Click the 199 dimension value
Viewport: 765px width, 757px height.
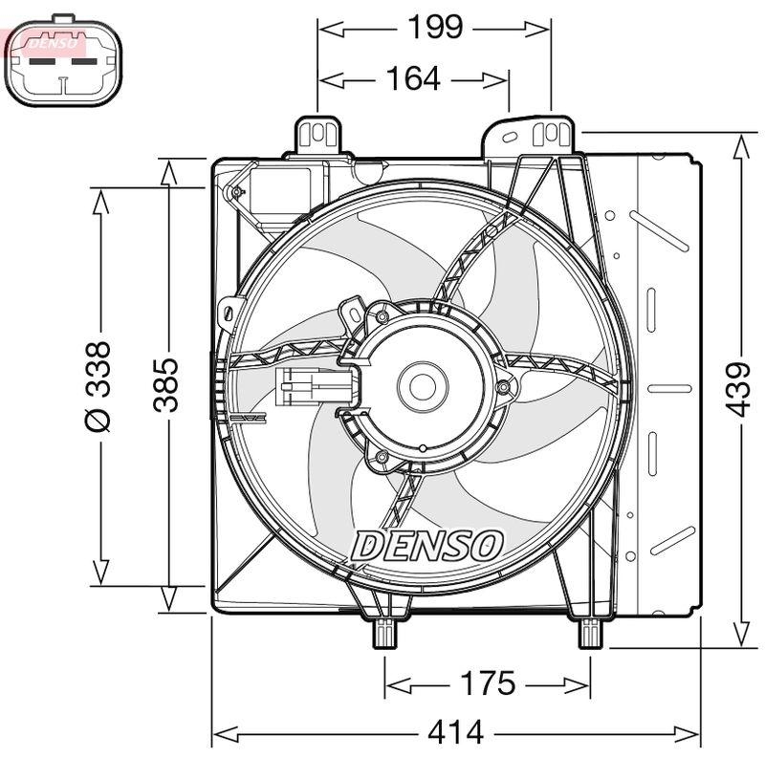pos(436,28)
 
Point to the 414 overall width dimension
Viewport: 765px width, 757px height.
pos(455,733)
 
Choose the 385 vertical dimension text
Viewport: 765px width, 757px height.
pos(167,384)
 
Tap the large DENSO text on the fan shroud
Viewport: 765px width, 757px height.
pos(426,546)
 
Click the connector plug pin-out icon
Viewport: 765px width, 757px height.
pos(65,63)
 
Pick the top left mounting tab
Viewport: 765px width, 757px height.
pos(319,135)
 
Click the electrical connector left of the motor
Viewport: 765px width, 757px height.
pos(315,388)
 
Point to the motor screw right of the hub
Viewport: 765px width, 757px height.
pos(503,387)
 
